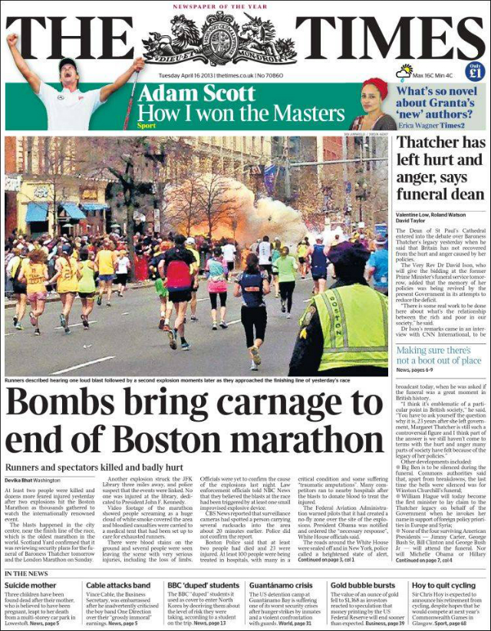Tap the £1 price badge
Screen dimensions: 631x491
click(475, 74)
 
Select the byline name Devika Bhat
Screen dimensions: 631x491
click(25, 480)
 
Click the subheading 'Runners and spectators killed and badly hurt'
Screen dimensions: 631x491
click(94, 467)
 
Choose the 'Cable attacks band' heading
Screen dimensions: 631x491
click(118, 586)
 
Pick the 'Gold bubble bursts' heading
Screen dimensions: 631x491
click(363, 586)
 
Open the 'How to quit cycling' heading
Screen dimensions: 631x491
click(447, 586)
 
